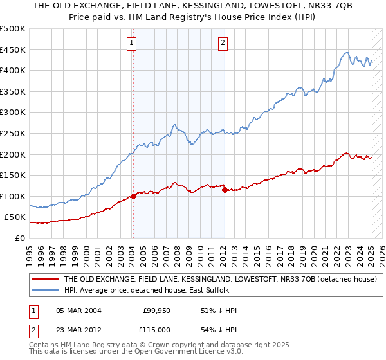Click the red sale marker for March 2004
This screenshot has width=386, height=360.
133,196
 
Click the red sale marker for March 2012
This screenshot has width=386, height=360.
225,190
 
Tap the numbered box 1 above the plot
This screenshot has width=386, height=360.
131,43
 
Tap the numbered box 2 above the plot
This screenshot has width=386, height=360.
223,43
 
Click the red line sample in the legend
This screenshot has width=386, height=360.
46,280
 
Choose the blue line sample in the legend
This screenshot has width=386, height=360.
46,290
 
